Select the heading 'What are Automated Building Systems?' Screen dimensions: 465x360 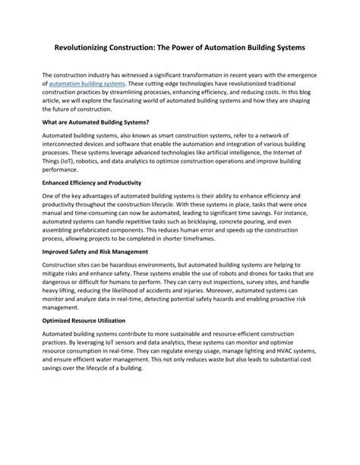click(x=96, y=122)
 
